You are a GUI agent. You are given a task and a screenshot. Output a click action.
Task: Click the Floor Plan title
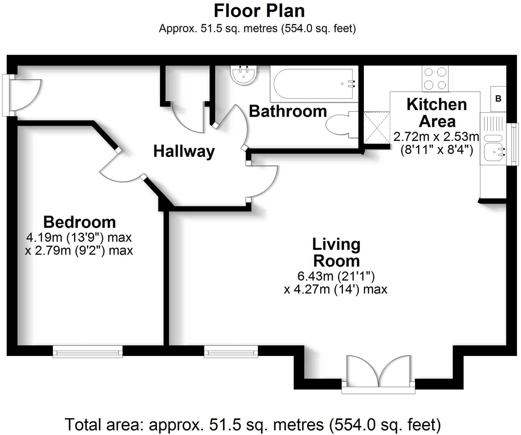pyautogui.click(x=259, y=11)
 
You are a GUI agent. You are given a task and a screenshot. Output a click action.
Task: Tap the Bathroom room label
pyautogui.click(x=288, y=111)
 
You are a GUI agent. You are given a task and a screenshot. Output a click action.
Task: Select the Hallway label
pyautogui.click(x=184, y=151)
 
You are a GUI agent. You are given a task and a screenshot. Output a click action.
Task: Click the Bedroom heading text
pyautogui.click(x=79, y=222)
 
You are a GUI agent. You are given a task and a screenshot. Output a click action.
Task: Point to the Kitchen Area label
pyautogui.click(x=437, y=113)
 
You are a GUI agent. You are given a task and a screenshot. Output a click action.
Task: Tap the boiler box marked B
pyautogui.click(x=498, y=99)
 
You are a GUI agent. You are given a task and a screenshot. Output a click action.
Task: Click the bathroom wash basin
pyautogui.click(x=244, y=75)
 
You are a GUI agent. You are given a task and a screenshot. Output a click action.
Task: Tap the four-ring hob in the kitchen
pyautogui.click(x=435, y=78)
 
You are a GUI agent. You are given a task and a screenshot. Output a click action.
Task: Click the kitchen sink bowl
pyautogui.click(x=493, y=152)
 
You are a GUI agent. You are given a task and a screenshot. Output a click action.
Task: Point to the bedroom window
pyautogui.click(x=88, y=352)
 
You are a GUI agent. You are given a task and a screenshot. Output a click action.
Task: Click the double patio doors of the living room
pyautogui.click(x=378, y=375)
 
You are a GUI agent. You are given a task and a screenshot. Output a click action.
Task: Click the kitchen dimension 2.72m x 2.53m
pyautogui.click(x=436, y=137)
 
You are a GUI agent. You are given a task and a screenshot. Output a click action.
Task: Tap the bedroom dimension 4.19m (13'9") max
pyautogui.click(x=79, y=238)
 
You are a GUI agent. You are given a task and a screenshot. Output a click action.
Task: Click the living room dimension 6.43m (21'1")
pyautogui.click(x=336, y=276)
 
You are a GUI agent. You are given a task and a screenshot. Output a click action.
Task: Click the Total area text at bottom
pyautogui.click(x=253, y=425)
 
